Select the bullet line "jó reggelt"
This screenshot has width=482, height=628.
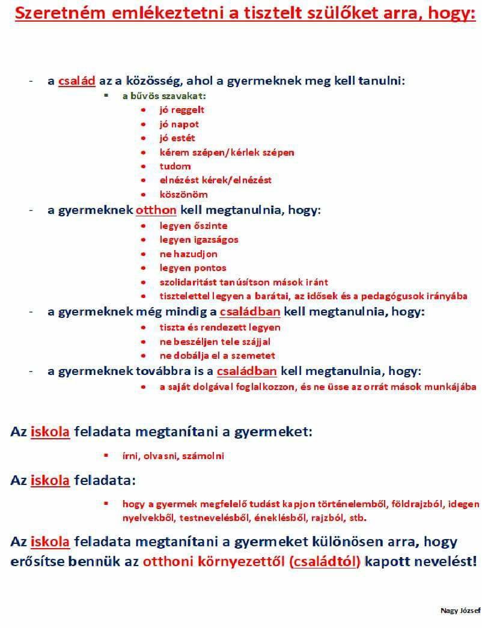pos(182,110)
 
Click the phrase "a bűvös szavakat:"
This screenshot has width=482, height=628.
pos(164,96)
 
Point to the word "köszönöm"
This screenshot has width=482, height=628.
pos(183,194)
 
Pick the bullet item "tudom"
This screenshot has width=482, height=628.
pos(175,166)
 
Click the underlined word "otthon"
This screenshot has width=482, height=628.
pos(156,210)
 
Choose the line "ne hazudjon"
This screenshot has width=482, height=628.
pos(188,254)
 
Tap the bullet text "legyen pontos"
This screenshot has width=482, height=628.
pos(192,268)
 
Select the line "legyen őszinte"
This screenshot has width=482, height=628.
pos(193,226)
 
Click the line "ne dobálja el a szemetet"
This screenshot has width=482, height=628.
pos(217,355)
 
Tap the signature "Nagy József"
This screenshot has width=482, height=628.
pos(460,611)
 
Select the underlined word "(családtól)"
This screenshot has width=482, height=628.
pos(325,562)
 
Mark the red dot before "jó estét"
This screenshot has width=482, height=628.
pos(144,138)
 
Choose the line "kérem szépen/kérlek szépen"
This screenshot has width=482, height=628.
pos(227,152)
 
